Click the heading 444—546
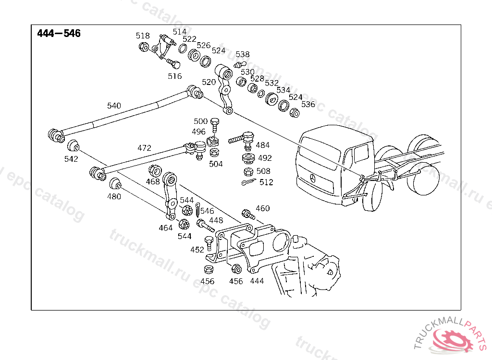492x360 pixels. pos(59,34)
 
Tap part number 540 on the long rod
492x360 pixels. pos(114,106)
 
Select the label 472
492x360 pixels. pos(144,148)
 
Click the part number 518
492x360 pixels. pos(143,36)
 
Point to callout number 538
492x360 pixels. pos(243,54)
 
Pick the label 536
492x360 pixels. pos(308,104)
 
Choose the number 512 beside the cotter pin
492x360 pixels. pos(266,182)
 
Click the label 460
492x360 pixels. pos(263,208)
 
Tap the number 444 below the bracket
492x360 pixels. pos(257,281)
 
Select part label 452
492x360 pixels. pos(197,250)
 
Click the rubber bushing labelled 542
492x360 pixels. pos(73,145)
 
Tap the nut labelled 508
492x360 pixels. pos(248,171)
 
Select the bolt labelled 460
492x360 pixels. pos(247,214)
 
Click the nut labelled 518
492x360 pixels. pos(143,47)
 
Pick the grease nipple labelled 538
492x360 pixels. pos(240,64)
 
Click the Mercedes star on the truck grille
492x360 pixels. pos(312,179)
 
